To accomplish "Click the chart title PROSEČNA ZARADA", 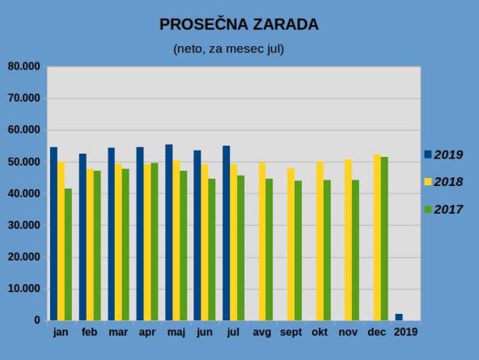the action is pyautogui.click(x=239, y=24).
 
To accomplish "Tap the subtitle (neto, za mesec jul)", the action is pyautogui.click(x=228, y=49).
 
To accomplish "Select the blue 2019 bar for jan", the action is pyautogui.click(x=53, y=234).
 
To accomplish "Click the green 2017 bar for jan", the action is pyautogui.click(x=68, y=254).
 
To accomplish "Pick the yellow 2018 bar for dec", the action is pyautogui.click(x=377, y=238).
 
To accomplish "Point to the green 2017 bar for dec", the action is pyautogui.click(x=384, y=239).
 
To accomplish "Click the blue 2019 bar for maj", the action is pyautogui.click(x=169, y=232).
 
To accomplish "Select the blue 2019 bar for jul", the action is pyautogui.click(x=227, y=233).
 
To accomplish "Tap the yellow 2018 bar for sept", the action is pyautogui.click(x=290, y=244).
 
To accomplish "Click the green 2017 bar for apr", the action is pyautogui.click(x=155, y=242).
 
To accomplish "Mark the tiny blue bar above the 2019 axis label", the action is pyautogui.click(x=399, y=317).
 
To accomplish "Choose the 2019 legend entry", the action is pyautogui.click(x=443, y=155).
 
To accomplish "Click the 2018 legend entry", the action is pyautogui.click(x=443, y=182).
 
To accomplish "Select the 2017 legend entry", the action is pyautogui.click(x=443, y=210).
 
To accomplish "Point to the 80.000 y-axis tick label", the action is pyautogui.click(x=23, y=66).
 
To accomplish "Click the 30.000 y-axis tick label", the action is pyautogui.click(x=23, y=225).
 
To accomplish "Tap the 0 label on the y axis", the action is pyautogui.click(x=37, y=320).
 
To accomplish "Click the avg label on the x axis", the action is pyautogui.click(x=262, y=332).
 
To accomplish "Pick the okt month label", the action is pyautogui.click(x=320, y=332).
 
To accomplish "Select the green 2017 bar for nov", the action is pyautogui.click(x=355, y=250).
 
